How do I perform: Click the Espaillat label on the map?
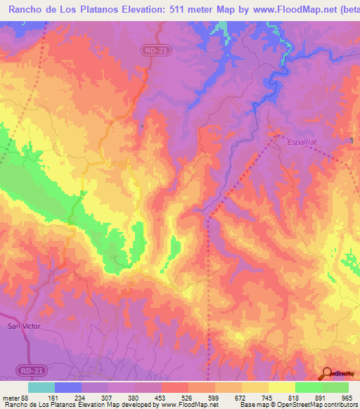click(302, 143)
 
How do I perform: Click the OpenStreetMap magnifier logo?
click(328, 373)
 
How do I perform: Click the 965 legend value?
click(345, 397)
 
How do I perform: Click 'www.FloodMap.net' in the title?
click(279, 10)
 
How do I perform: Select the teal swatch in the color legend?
click(41, 387)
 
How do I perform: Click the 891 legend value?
click(319, 397)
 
